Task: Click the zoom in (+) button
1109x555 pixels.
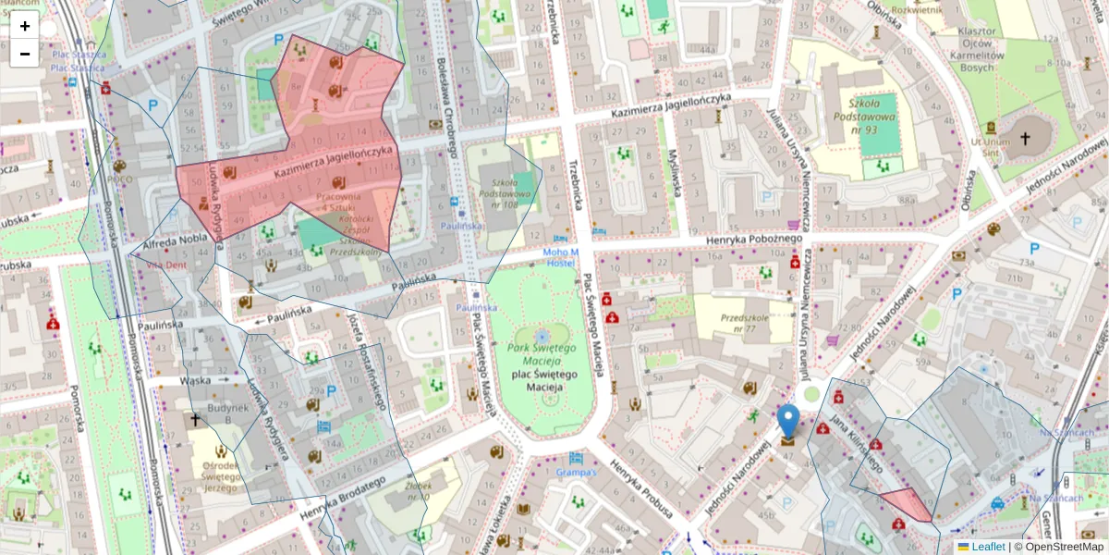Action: point(25,26)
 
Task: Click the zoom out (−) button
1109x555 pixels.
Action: point(25,54)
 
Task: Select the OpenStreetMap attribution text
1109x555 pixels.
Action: point(1064,547)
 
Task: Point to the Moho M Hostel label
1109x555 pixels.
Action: point(560,258)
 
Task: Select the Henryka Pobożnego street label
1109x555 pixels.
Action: point(750,240)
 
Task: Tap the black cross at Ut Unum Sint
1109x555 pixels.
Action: point(1024,138)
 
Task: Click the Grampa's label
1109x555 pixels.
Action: point(578,473)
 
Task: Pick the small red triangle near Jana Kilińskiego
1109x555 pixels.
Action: point(908,504)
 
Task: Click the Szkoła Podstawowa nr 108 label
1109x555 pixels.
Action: point(504,191)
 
